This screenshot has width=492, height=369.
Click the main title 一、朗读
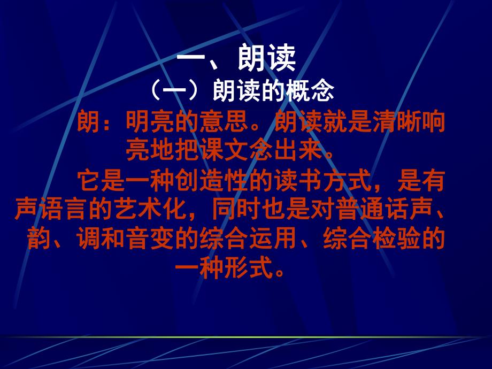236,60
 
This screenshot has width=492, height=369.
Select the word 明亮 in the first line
150,122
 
